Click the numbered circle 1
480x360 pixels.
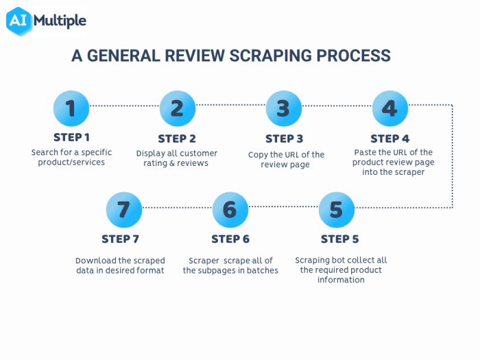tap(71, 108)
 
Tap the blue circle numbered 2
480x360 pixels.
tap(178, 108)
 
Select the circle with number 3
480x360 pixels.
tap(284, 108)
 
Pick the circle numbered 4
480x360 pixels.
tap(390, 108)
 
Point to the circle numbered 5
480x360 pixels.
tap(337, 210)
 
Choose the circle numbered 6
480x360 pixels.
tap(230, 210)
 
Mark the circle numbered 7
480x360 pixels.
tap(124, 210)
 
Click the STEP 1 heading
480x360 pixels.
tap(71, 137)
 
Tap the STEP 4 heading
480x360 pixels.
tap(390, 138)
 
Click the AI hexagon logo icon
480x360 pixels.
tap(19, 21)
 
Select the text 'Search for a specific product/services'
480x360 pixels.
tap(71, 157)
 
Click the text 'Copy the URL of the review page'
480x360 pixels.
tap(286, 159)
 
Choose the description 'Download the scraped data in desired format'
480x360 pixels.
tap(120, 265)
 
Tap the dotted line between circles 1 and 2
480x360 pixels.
tap(124, 106)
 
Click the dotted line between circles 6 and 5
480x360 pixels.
tap(283, 207)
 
